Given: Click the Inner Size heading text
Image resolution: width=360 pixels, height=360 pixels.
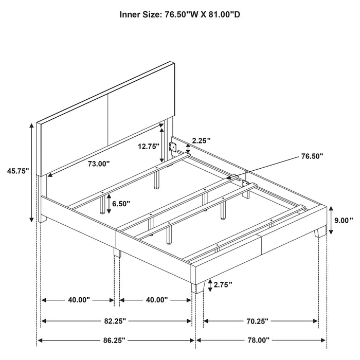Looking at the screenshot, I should (180, 15).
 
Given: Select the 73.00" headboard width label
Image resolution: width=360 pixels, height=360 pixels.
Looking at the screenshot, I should (98, 164).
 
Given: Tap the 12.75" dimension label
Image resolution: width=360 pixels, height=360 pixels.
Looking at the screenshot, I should (148, 146).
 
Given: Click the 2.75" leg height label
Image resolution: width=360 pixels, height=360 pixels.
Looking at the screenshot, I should (223, 284).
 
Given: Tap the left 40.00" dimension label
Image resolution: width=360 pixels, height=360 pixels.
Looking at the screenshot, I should (77, 300).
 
